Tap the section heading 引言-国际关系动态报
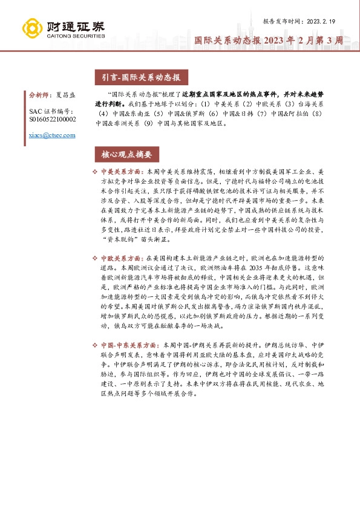click(x=137, y=77)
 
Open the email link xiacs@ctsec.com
click(x=53, y=135)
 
